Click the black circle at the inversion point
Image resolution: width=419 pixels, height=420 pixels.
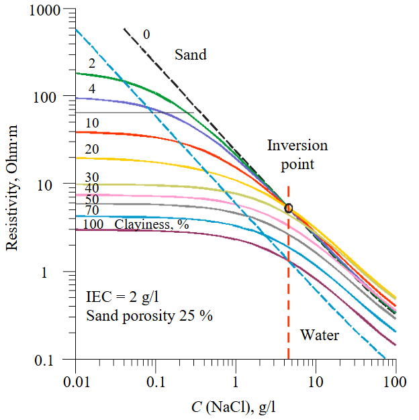point(289,208)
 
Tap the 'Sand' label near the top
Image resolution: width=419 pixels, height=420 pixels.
point(191,55)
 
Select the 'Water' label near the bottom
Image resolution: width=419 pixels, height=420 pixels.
point(319,335)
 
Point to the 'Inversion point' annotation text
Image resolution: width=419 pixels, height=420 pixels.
point(297,154)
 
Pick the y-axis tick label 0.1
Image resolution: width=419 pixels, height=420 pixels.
point(51,361)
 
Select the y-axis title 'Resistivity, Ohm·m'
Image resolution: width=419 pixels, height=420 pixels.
point(11,186)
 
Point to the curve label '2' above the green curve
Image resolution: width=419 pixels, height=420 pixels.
point(92,65)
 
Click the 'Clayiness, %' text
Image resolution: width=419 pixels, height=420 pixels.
point(152,224)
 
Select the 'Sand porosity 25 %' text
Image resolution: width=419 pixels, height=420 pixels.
point(149,315)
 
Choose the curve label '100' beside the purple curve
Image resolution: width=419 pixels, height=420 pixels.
point(93,224)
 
